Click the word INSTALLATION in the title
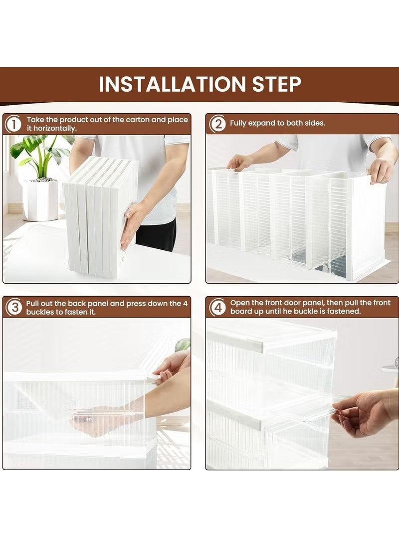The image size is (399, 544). click(172, 84)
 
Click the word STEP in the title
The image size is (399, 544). click(276, 84)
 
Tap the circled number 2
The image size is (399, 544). click(218, 124)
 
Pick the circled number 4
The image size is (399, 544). click(218, 307)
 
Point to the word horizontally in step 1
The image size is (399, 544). click(55, 128)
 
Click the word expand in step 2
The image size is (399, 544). click(263, 124)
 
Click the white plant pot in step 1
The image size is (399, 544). click(41, 200)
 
